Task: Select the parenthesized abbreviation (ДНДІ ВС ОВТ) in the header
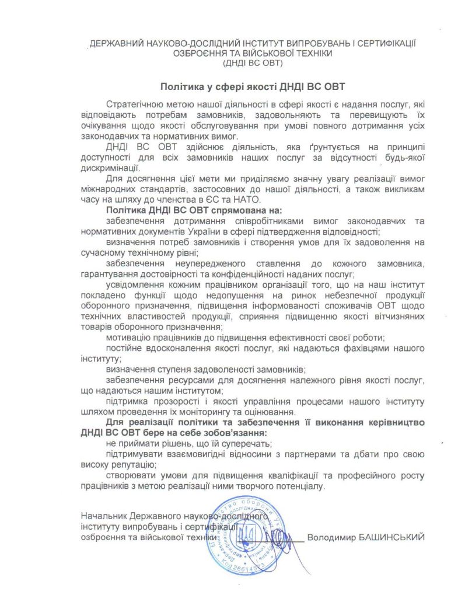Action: (x=249, y=62)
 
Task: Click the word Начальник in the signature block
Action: (x=101, y=517)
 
